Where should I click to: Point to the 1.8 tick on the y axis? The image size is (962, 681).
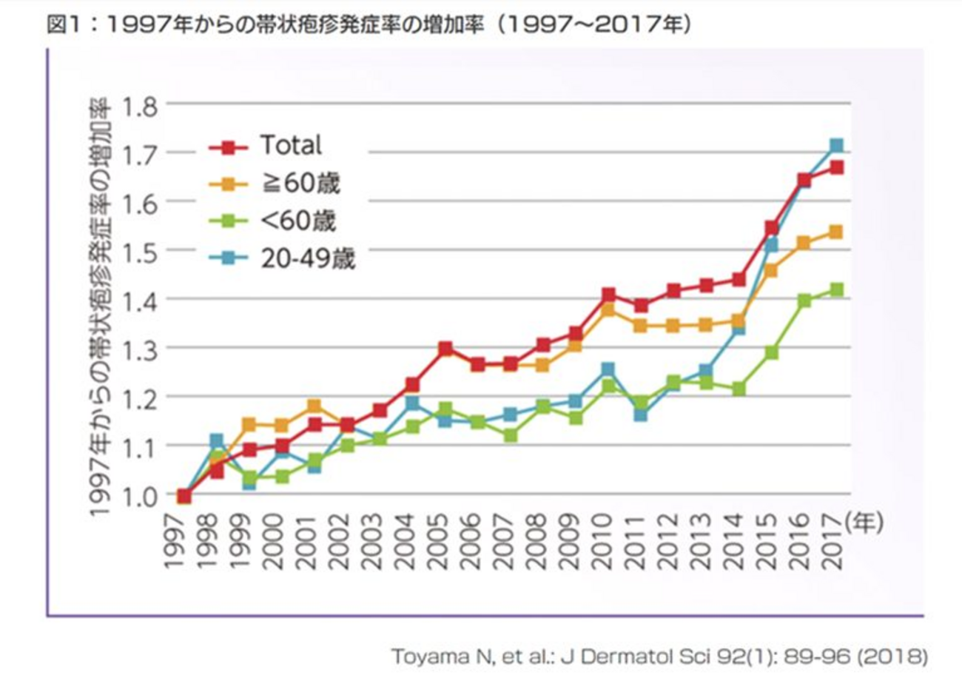[x=141, y=104]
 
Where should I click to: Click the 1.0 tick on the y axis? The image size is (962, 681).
[x=141, y=495]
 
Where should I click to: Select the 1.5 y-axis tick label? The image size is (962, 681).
[x=141, y=251]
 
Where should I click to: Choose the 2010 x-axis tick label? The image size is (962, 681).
[x=608, y=542]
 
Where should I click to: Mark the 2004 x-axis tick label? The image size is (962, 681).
[x=411, y=542]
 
